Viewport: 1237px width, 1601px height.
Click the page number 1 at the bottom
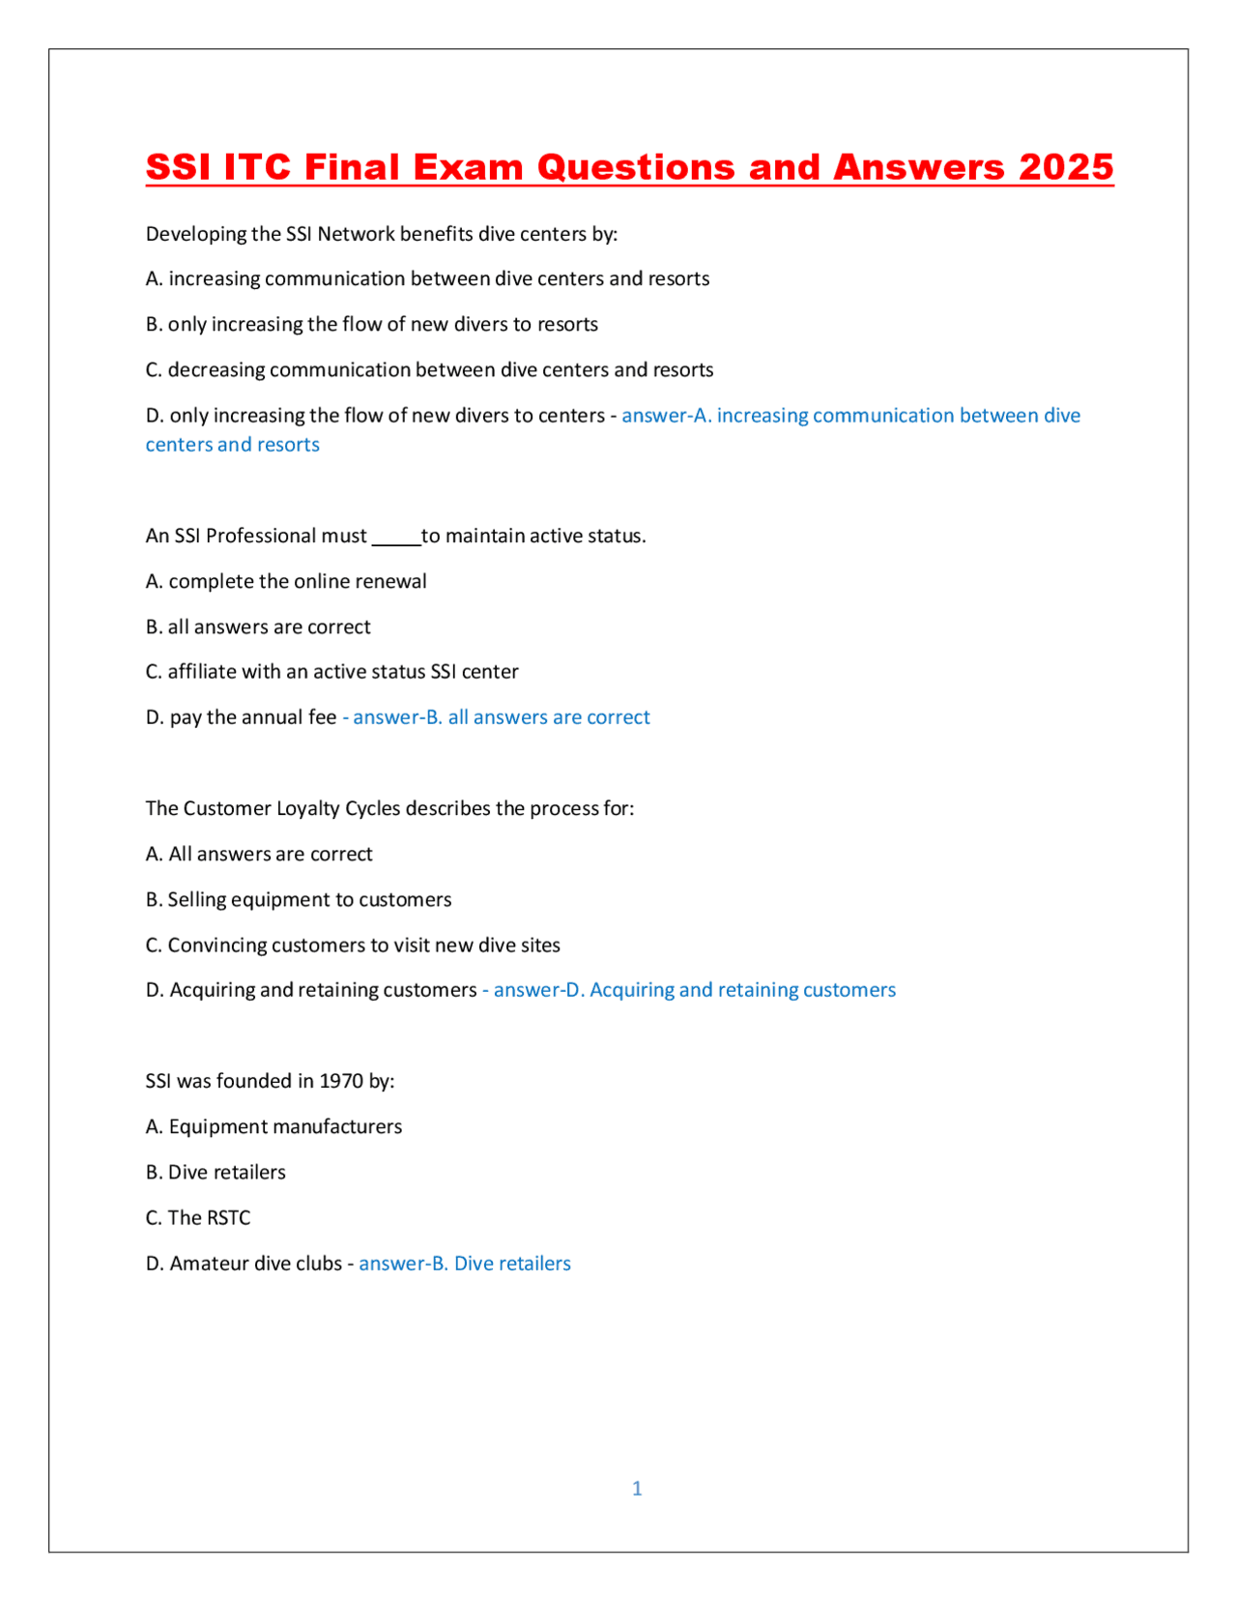(637, 1488)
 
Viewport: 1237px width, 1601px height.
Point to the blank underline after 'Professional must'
(396, 538)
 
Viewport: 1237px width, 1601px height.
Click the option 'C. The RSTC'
(198, 1217)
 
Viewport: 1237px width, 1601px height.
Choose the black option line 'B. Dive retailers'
(216, 1172)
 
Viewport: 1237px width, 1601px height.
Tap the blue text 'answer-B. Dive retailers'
(465, 1263)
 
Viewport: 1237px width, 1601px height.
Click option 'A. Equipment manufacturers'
(273, 1126)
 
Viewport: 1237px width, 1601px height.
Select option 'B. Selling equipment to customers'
(299, 899)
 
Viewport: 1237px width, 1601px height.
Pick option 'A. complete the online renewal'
(286, 581)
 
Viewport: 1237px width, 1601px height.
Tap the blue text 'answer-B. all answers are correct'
(501, 717)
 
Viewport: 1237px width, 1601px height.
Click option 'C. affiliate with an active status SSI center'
(331, 671)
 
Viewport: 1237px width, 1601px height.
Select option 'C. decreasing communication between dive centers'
(429, 369)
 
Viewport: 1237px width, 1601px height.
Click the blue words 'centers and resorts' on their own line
(232, 445)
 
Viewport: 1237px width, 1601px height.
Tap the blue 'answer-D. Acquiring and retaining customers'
(694, 990)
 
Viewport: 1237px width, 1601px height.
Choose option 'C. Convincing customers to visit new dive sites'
(353, 945)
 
